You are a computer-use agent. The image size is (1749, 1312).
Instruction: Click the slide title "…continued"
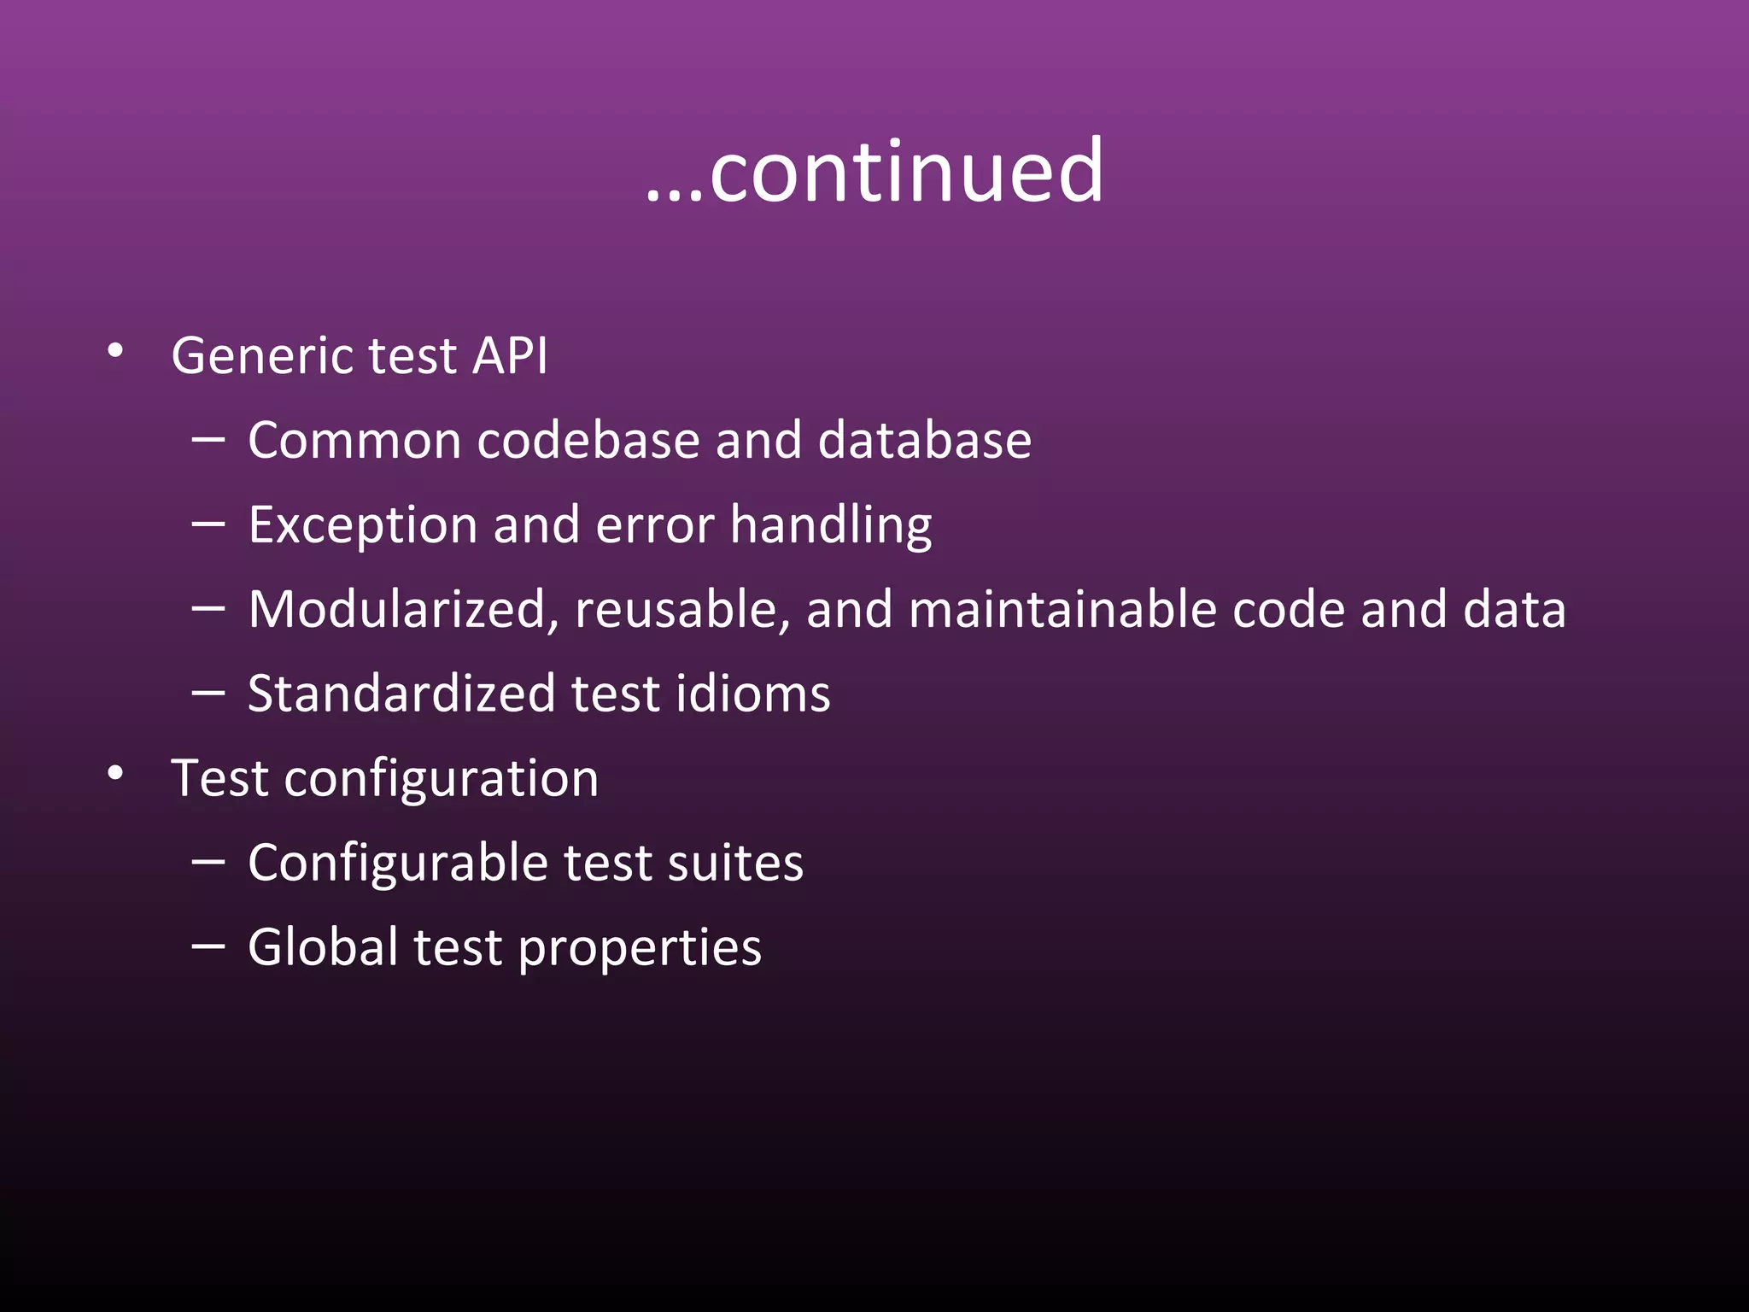(x=874, y=172)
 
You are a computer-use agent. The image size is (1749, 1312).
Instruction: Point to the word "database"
(x=924, y=441)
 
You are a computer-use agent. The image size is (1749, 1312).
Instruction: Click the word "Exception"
(x=362, y=524)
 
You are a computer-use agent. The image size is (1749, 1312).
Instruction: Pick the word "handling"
(x=831, y=524)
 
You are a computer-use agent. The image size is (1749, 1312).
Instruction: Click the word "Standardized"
(x=401, y=693)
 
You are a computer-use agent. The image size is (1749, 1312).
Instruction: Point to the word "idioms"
(x=752, y=693)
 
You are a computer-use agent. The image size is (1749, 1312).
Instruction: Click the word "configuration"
(x=441, y=779)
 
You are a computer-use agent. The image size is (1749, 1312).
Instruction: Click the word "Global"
(x=323, y=946)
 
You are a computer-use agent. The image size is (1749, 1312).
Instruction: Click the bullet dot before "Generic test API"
(x=115, y=350)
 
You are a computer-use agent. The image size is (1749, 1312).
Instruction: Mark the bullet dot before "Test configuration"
(x=115, y=773)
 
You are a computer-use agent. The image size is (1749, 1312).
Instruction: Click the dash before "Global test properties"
(x=208, y=946)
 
